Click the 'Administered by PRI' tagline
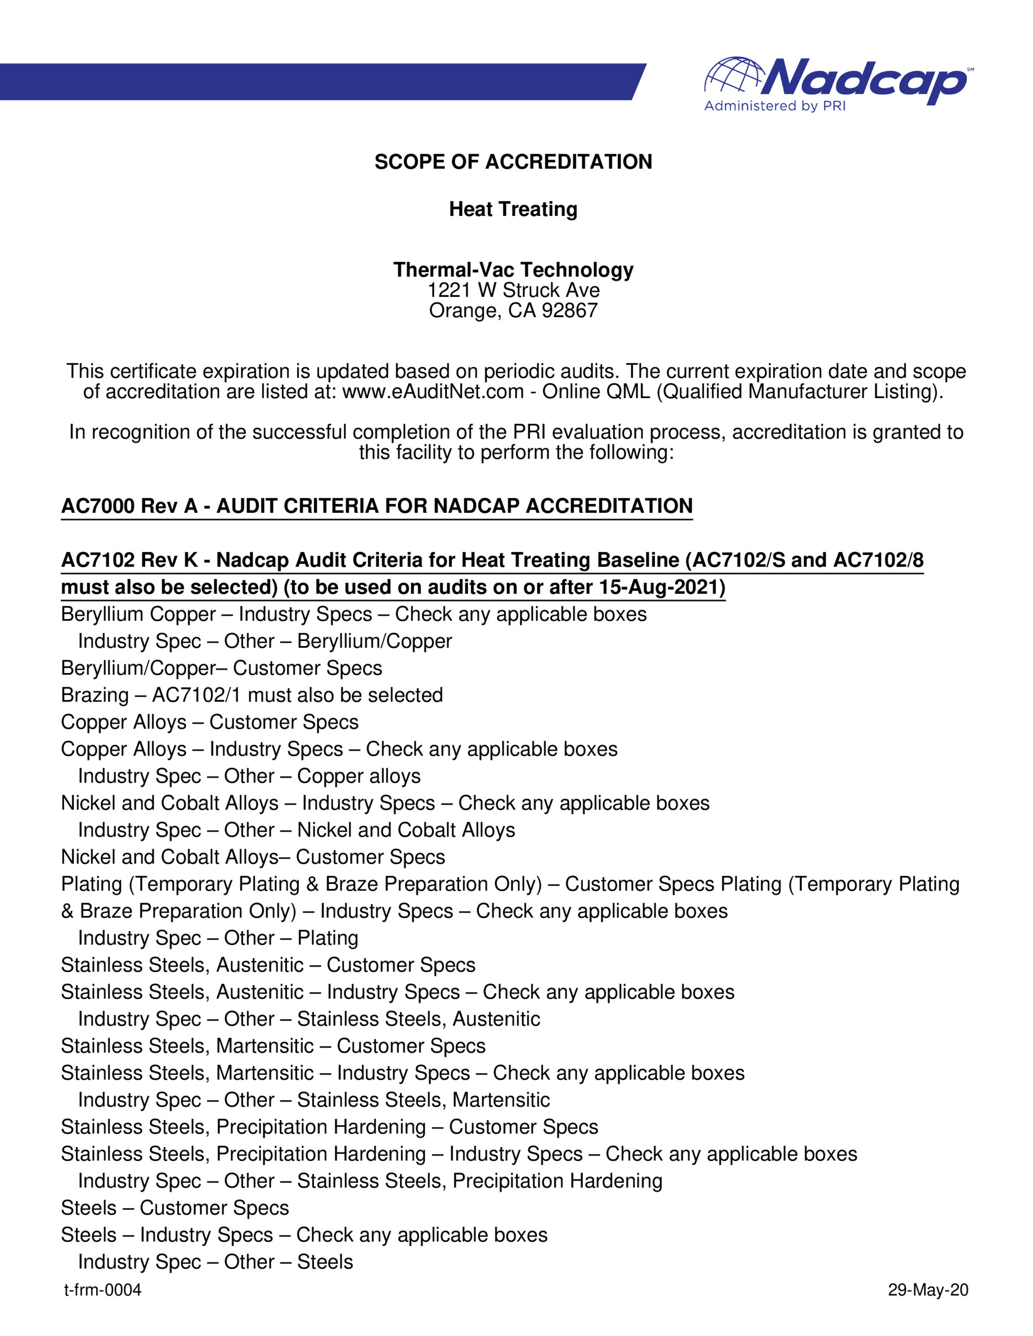tap(775, 106)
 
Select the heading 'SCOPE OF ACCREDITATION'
tap(513, 161)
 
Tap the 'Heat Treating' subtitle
tap(513, 209)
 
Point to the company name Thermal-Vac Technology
tap(513, 269)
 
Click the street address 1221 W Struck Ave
tap(513, 290)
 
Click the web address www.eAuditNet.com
tap(433, 391)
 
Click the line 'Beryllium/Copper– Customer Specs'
tap(222, 668)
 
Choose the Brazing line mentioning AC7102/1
tap(251, 695)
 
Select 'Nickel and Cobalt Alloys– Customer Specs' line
tap(253, 857)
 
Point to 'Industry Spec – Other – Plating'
tap(218, 938)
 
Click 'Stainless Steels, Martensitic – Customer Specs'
tap(273, 1046)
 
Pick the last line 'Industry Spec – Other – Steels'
tap(215, 1262)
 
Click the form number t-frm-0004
tap(103, 1290)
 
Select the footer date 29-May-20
tap(928, 1290)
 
